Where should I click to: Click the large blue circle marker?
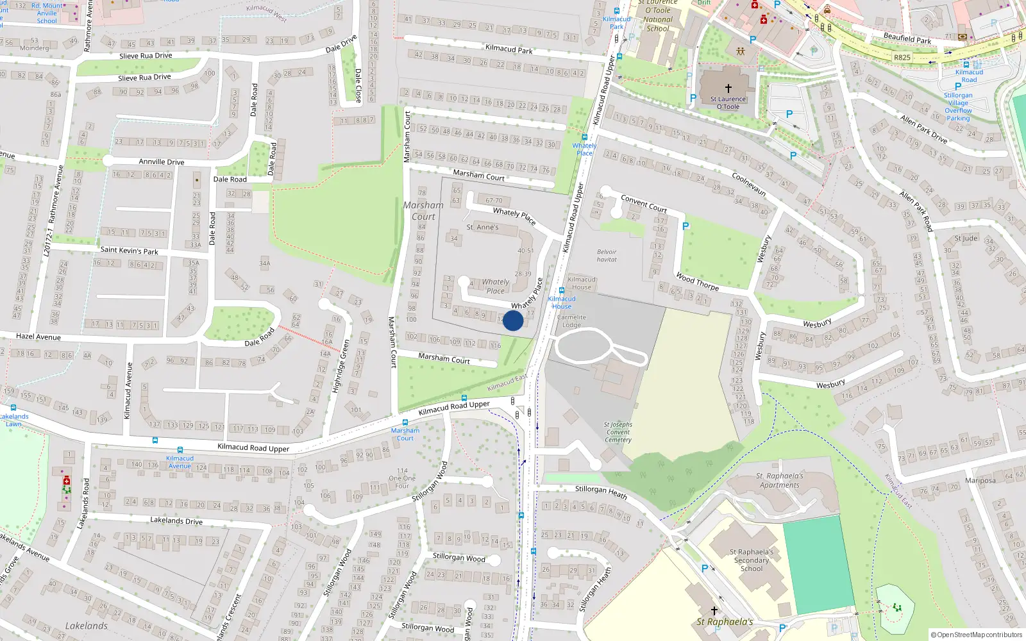click(513, 320)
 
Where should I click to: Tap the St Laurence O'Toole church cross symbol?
click(728, 88)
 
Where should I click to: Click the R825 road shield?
click(902, 57)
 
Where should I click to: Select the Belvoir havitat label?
click(607, 256)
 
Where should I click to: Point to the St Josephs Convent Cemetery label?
click(618, 432)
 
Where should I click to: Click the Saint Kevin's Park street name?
click(129, 250)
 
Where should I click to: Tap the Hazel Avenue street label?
click(38, 337)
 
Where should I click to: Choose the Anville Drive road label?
click(161, 162)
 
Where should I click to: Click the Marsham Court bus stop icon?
click(405, 422)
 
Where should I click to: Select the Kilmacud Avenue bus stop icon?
click(180, 450)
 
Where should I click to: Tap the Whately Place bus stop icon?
click(584, 137)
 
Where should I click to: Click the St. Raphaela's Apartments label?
click(779, 480)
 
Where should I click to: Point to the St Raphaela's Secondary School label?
click(752, 560)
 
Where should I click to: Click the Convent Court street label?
click(644, 204)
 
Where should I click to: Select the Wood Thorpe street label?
click(697, 282)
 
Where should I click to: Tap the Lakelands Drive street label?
click(176, 520)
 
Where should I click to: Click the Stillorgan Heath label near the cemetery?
click(601, 491)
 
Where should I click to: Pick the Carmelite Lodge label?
click(571, 320)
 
